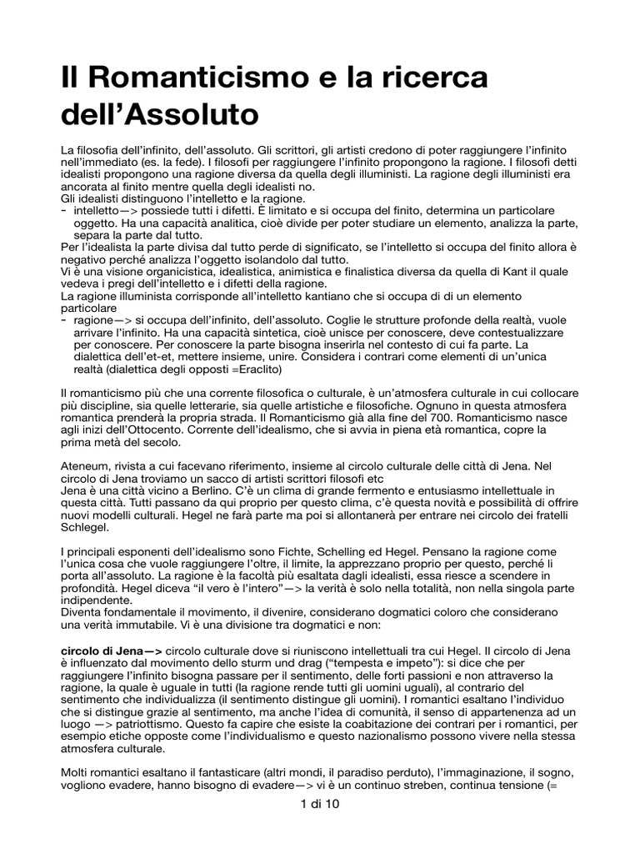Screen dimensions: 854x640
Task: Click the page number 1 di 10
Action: [319, 805]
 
